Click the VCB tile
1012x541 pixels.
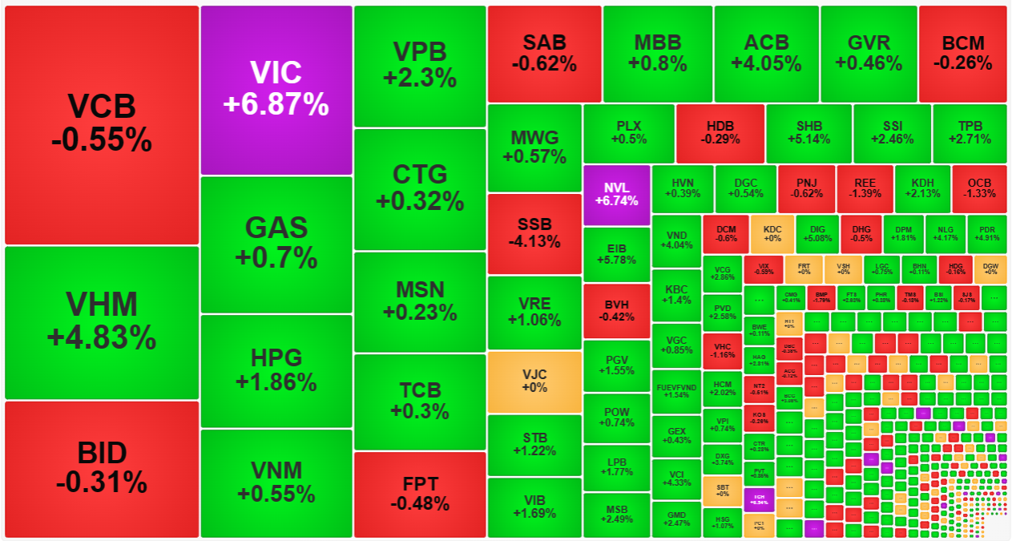[102, 124]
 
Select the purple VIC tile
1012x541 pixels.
[276, 90]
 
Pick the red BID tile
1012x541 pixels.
[102, 469]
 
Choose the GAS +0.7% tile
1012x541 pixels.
[276, 244]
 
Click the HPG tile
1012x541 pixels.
[276, 370]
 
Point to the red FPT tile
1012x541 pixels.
[420, 495]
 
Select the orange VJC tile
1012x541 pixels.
[534, 382]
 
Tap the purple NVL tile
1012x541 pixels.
[616, 195]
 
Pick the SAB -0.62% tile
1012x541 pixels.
[544, 54]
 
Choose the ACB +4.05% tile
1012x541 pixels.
[766, 54]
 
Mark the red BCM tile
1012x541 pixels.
[962, 54]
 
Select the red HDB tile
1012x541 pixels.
[720, 133]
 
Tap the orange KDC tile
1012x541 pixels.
[772, 233]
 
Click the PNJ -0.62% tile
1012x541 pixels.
[805, 188]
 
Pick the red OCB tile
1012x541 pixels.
[979, 188]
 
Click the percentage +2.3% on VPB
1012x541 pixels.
[420, 79]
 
